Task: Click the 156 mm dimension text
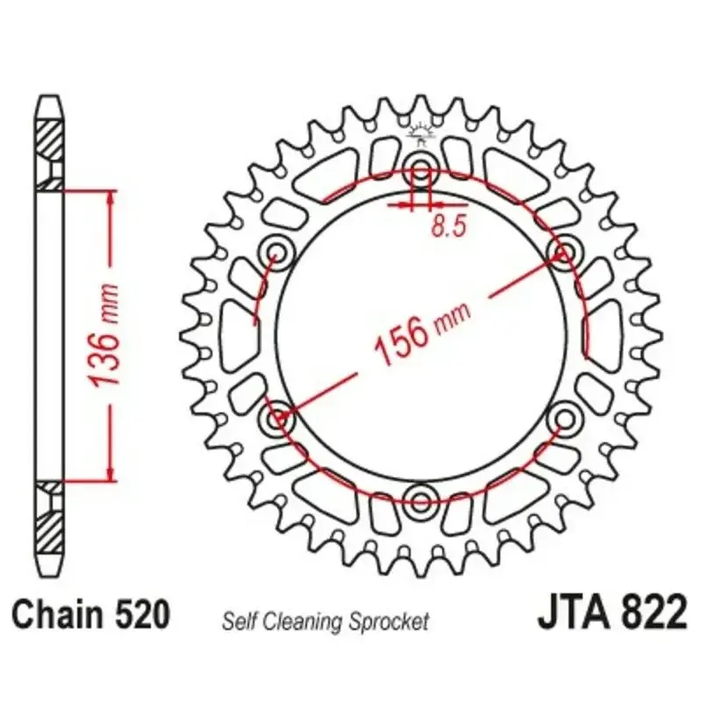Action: (x=422, y=333)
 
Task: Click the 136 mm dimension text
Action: (x=104, y=335)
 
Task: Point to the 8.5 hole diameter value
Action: (x=449, y=226)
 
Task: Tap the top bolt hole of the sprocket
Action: (x=420, y=168)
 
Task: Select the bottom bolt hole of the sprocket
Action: (x=420, y=500)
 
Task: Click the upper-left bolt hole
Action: (x=276, y=252)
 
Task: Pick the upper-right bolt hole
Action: (x=564, y=252)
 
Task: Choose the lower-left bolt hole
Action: (x=276, y=419)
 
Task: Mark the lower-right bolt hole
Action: (x=564, y=419)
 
